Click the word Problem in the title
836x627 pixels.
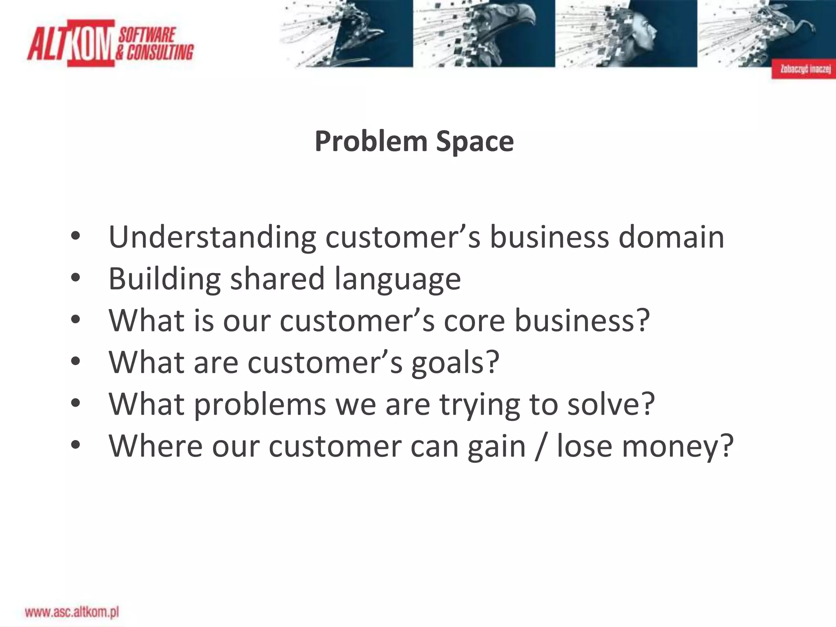pyautogui.click(x=371, y=142)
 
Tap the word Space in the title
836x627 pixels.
pyautogui.click(x=475, y=142)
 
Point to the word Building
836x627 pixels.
pyautogui.click(x=165, y=279)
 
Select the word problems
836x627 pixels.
pyautogui.click(x=260, y=404)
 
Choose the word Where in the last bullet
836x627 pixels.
pyautogui.click(x=155, y=446)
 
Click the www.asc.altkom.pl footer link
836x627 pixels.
pyautogui.click(x=72, y=612)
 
